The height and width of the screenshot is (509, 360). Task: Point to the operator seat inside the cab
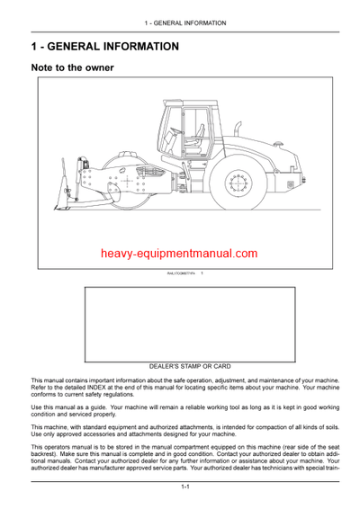click(183, 135)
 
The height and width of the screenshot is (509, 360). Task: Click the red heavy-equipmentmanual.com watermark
click(179, 254)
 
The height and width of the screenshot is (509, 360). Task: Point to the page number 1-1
click(184, 487)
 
